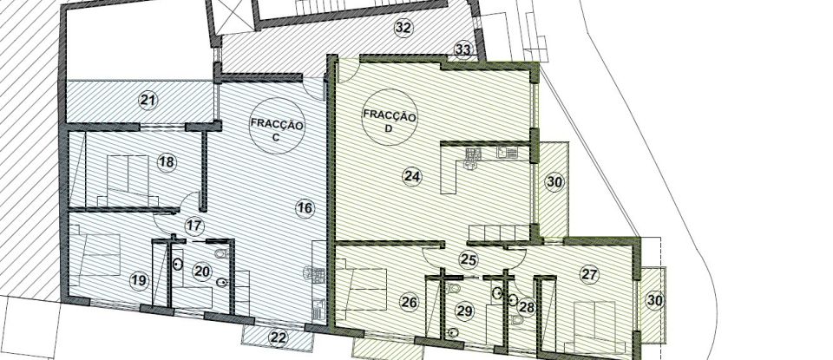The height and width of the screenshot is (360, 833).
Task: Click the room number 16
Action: [304, 207]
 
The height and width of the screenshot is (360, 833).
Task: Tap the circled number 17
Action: [193, 226]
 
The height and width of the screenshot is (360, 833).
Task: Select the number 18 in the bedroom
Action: [166, 161]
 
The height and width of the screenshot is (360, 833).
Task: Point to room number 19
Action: [138, 280]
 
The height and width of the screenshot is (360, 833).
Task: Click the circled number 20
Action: [201, 272]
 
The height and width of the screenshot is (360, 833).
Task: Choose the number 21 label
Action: [148, 100]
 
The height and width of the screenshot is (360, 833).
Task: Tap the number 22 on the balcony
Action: [278, 338]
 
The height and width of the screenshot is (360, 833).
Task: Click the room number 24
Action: [412, 177]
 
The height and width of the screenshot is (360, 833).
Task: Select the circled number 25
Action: [469, 258]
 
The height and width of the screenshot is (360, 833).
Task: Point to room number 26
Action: [410, 303]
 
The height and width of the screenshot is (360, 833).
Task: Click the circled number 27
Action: [590, 275]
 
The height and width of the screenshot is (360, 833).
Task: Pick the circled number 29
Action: [464, 311]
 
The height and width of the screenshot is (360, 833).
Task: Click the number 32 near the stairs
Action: [403, 28]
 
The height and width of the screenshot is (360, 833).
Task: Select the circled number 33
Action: [463, 50]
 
